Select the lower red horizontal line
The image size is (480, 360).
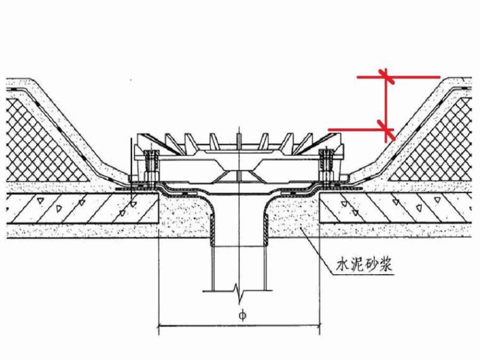click(354, 129)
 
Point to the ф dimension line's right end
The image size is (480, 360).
click(320, 327)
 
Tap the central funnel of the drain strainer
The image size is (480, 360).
click(238, 174)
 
